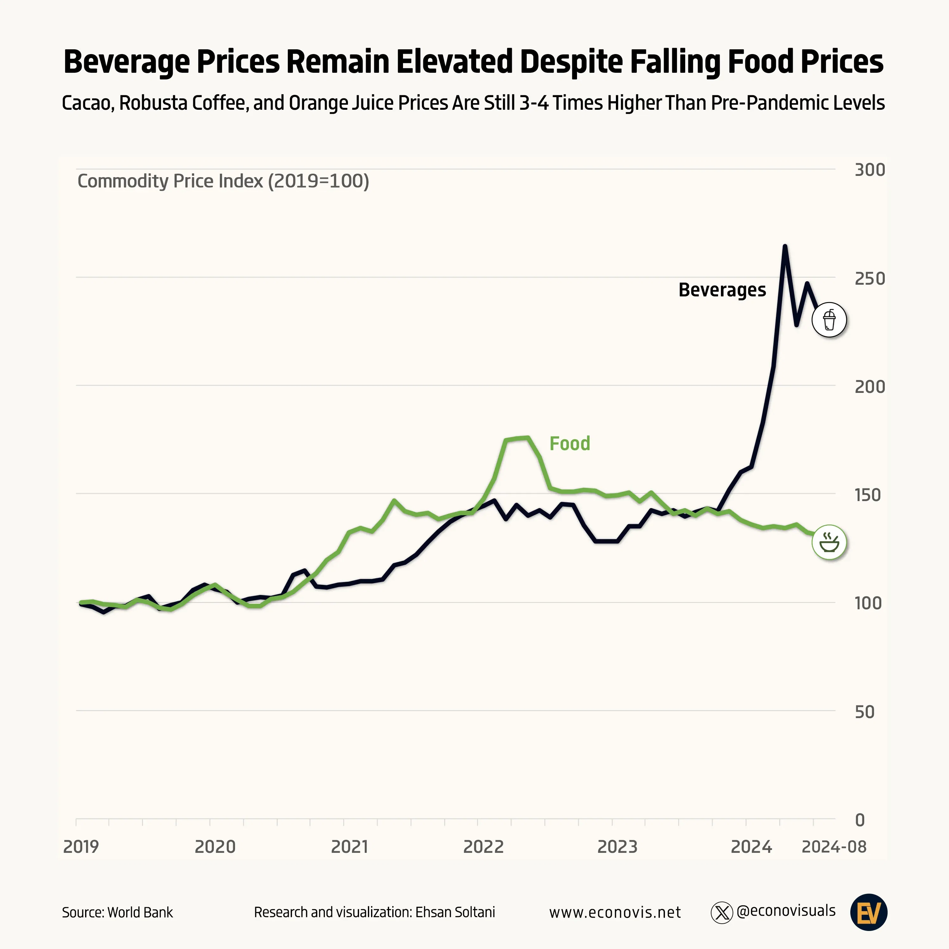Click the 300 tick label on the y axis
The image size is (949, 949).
(x=869, y=170)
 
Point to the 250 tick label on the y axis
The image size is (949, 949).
(x=869, y=278)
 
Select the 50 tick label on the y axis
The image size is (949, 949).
(x=865, y=712)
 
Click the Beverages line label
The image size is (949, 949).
(x=722, y=290)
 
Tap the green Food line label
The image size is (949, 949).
(x=569, y=443)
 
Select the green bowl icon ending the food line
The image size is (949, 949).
(x=829, y=542)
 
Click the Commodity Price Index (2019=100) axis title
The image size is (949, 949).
(x=223, y=181)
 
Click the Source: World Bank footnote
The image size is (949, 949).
(x=117, y=912)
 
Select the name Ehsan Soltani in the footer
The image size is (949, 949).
(x=455, y=912)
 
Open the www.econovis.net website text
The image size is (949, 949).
(x=615, y=912)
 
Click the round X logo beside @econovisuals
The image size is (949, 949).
(x=722, y=913)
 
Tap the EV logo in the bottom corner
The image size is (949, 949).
(x=868, y=912)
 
